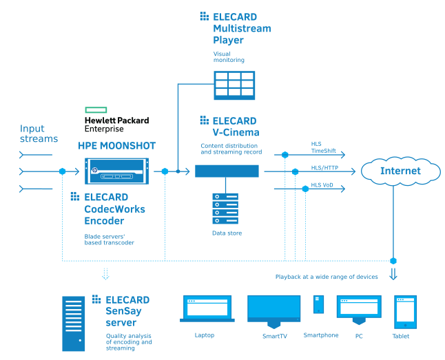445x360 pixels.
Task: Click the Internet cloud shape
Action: [x=400, y=171]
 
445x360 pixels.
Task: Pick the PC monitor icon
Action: [x=358, y=309]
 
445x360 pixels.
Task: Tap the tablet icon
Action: [x=405, y=312]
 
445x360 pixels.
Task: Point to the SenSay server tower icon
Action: [x=76, y=323]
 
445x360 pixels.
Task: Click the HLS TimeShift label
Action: [x=321, y=147]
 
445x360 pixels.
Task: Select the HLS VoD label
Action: [x=321, y=185]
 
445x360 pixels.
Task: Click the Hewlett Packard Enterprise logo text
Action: [x=116, y=120]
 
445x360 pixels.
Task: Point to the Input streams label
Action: [x=39, y=134]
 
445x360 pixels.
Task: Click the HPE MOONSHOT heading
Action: [x=116, y=146]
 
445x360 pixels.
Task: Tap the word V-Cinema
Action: [x=236, y=133]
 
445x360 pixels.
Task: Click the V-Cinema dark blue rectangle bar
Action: [x=227, y=171]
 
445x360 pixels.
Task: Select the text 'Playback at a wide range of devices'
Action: [x=327, y=277]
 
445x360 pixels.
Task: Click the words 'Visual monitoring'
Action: [x=228, y=56]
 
